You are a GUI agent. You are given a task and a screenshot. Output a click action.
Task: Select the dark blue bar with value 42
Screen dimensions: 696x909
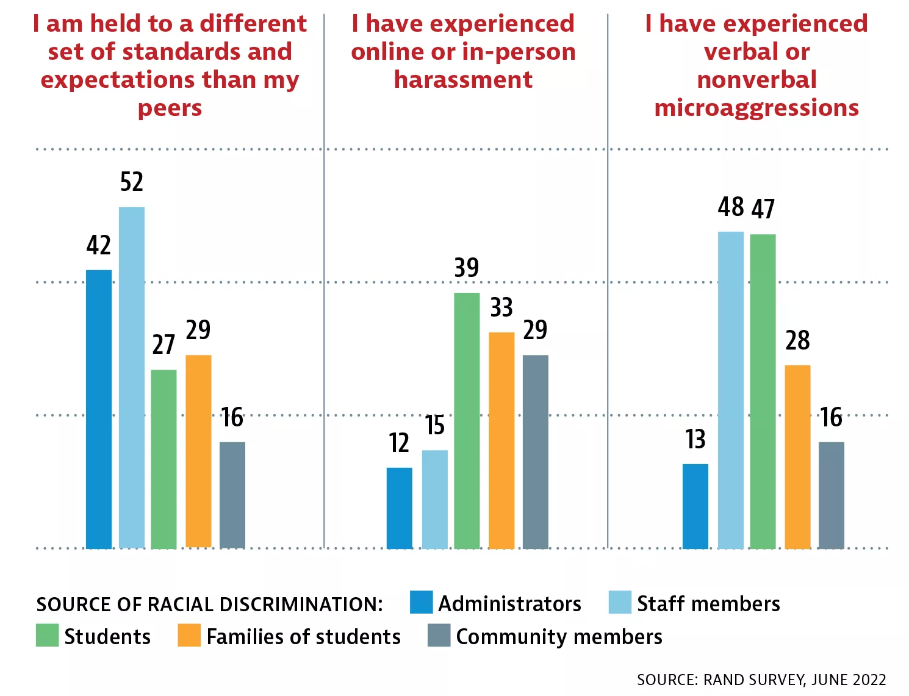click(99, 409)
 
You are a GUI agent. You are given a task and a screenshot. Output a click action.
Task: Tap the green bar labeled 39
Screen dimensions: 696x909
click(467, 420)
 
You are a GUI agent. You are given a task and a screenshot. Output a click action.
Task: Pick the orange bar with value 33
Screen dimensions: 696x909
click(501, 440)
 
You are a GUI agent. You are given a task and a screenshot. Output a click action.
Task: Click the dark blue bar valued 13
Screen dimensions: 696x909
click(695, 506)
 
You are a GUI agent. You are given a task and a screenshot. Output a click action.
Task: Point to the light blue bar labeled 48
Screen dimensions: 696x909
click(731, 390)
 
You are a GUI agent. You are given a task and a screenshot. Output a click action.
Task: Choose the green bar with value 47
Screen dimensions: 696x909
click(763, 391)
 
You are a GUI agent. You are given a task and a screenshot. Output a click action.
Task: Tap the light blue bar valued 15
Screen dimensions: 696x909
click(434, 499)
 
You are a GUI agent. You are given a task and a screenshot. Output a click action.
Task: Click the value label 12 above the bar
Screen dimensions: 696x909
click(399, 443)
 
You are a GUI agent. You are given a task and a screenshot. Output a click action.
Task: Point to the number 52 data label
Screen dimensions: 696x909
click(132, 182)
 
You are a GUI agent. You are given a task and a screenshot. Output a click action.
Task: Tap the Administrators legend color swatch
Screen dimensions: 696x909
click(422, 602)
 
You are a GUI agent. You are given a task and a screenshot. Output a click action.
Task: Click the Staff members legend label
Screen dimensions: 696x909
click(708, 604)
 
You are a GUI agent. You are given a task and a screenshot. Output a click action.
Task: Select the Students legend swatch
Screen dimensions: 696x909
click(47, 635)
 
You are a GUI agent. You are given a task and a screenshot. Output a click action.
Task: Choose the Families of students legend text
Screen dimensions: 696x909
click(304, 637)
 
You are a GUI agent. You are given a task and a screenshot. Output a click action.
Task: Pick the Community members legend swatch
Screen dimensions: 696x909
click(439, 635)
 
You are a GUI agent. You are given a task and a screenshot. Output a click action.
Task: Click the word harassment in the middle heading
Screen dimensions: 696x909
click(463, 80)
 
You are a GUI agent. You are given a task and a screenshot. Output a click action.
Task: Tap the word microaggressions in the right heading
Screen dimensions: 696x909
click(756, 108)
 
